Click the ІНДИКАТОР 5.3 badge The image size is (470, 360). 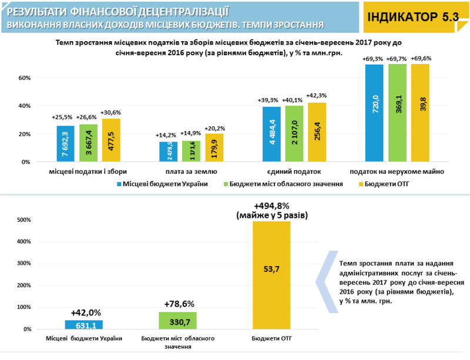click(x=413, y=17)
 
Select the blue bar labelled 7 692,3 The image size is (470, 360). click(x=66, y=144)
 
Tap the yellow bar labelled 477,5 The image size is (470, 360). click(x=111, y=140)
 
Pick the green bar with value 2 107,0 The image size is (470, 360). click(x=293, y=134)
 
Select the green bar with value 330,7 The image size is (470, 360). click(x=177, y=321)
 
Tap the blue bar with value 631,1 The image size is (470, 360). click(x=83, y=325)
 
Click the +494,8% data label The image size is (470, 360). click(x=272, y=206)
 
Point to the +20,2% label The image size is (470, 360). click(x=214, y=128)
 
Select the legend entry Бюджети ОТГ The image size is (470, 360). click(x=381, y=184)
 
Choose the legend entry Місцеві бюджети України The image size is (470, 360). click(x=162, y=184)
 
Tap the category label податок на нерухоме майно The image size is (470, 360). click(x=397, y=171)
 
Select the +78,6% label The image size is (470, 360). click(x=178, y=304)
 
